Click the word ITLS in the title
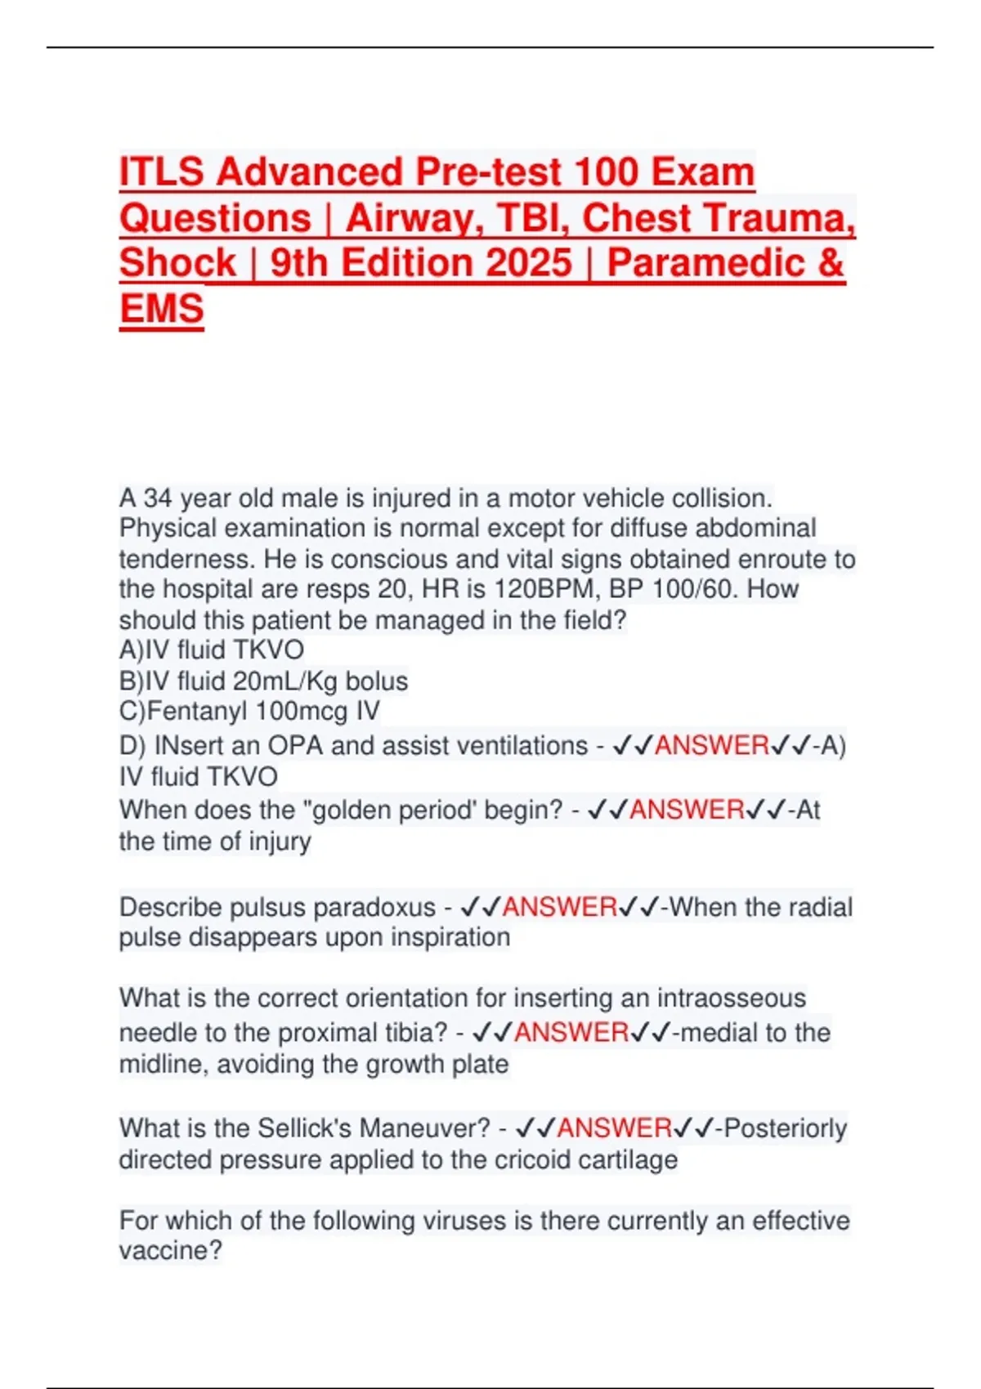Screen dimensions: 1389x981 [x=162, y=172]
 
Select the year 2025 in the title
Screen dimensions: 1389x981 [x=528, y=263]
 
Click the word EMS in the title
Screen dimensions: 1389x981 [x=161, y=309]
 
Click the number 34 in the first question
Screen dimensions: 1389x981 [x=158, y=498]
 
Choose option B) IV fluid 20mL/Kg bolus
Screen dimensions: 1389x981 [x=263, y=681]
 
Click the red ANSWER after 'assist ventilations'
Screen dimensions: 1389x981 [x=711, y=745]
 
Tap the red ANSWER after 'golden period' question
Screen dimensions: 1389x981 [x=687, y=810]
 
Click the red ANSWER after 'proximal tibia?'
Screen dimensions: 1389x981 [x=571, y=1033]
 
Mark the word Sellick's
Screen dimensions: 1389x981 [x=305, y=1128]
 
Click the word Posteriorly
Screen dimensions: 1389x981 [x=786, y=1128]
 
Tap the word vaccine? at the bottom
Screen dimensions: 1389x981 [x=170, y=1251]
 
